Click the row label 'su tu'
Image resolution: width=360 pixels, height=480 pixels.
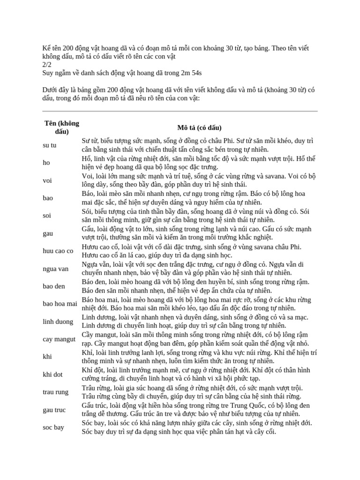point(49,145)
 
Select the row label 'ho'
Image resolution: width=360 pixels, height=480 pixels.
point(46,163)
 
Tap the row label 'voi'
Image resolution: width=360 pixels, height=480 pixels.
point(47,180)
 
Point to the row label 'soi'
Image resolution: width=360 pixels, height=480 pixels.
point(47,216)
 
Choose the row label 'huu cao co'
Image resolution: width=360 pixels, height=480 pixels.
point(58,251)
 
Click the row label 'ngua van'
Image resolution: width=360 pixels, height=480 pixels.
point(55,269)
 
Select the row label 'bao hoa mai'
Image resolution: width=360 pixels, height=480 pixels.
point(60,304)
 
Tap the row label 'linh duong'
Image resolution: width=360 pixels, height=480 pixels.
point(58,322)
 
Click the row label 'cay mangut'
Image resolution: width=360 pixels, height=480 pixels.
point(59,339)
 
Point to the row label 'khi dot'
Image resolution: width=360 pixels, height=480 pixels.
point(52,375)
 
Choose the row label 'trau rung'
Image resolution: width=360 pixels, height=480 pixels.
point(55,392)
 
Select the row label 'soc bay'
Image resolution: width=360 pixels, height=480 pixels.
point(53,427)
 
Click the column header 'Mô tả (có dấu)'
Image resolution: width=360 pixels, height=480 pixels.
point(199,127)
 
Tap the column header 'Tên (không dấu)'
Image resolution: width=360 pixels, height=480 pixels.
point(62,127)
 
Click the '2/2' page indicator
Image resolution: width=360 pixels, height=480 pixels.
point(47,65)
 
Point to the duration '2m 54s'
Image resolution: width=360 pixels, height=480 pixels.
point(189,73)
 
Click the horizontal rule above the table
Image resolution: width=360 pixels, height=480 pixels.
point(180,112)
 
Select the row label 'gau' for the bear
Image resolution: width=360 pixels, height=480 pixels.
point(47,233)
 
